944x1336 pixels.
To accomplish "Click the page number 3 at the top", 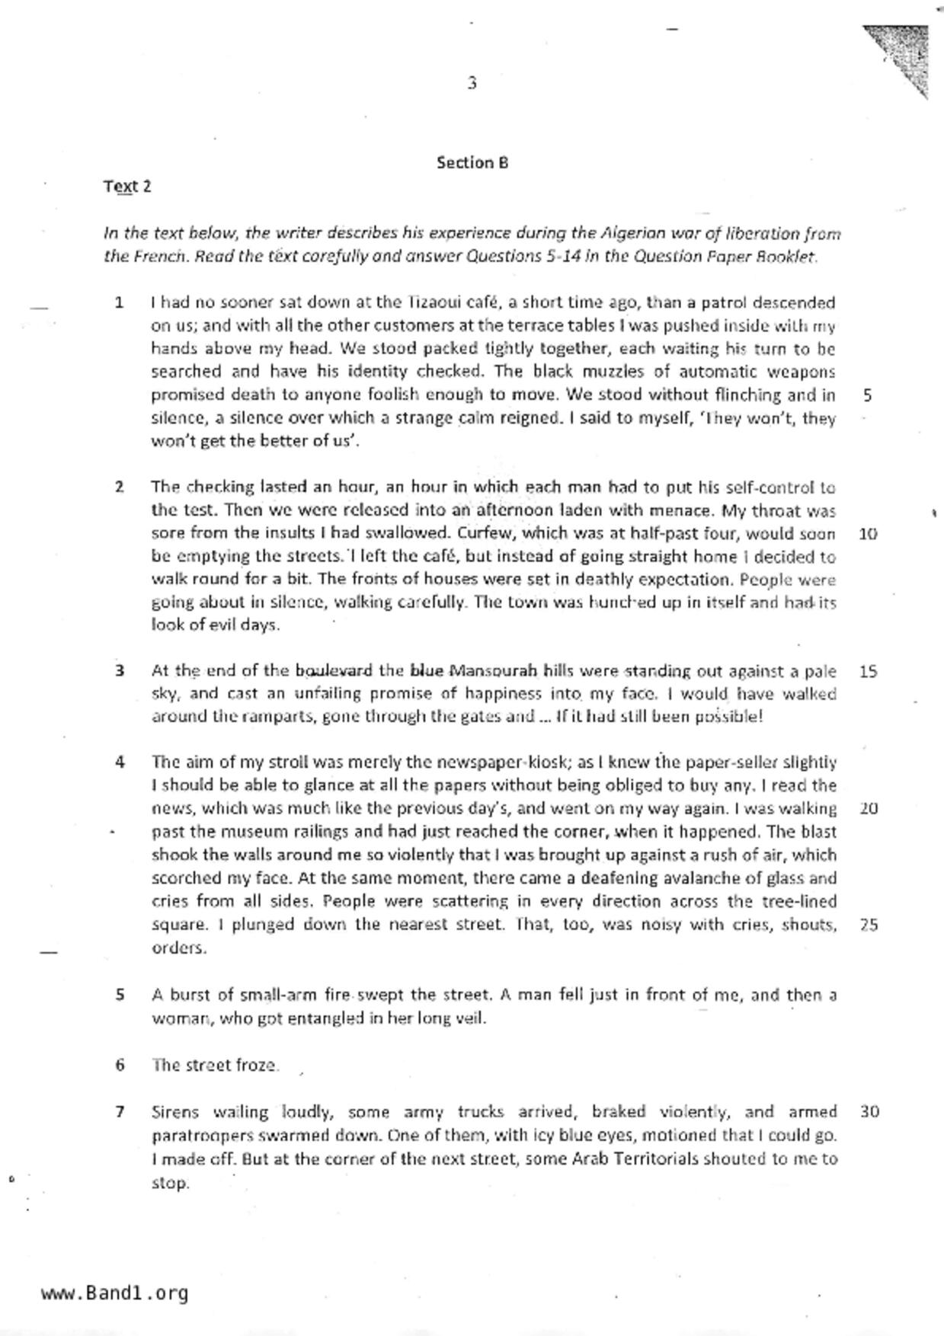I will point(472,83).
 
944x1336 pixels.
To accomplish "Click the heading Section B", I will point(472,162).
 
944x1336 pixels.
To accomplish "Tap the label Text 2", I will point(127,187).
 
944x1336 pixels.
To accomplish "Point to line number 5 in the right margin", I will point(868,395).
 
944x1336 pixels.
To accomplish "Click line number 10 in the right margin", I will point(868,534).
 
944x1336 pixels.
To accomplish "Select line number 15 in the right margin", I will point(868,672).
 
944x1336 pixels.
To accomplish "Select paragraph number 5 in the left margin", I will point(120,995).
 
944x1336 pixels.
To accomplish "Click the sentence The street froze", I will point(215,1065).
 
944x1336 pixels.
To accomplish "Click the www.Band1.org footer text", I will point(115,1293).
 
